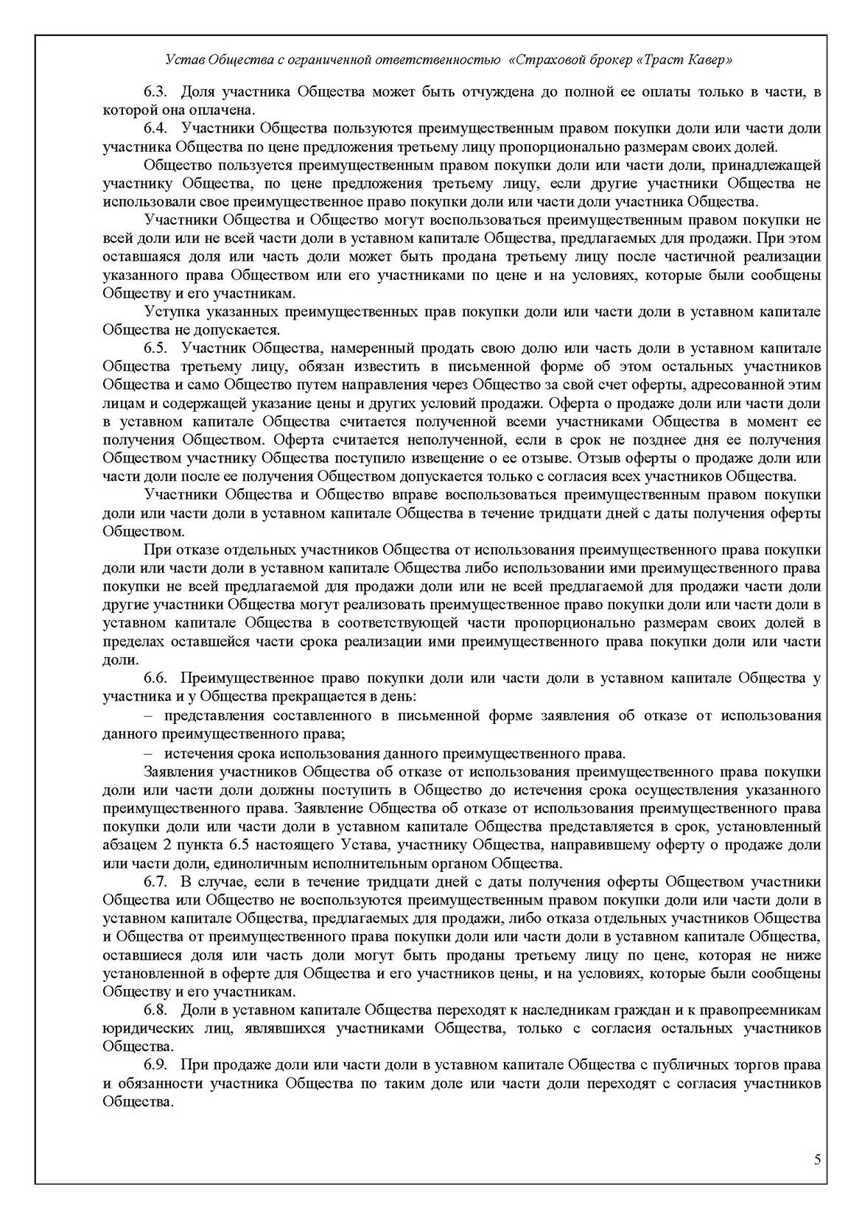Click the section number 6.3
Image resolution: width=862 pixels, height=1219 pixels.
tap(156, 92)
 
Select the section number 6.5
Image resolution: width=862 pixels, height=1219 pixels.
tap(156, 348)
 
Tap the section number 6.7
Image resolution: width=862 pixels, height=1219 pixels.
tap(156, 881)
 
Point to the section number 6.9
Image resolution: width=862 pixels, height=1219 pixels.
tap(156, 1064)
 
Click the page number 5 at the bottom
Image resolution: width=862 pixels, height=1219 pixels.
tap(817, 1160)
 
